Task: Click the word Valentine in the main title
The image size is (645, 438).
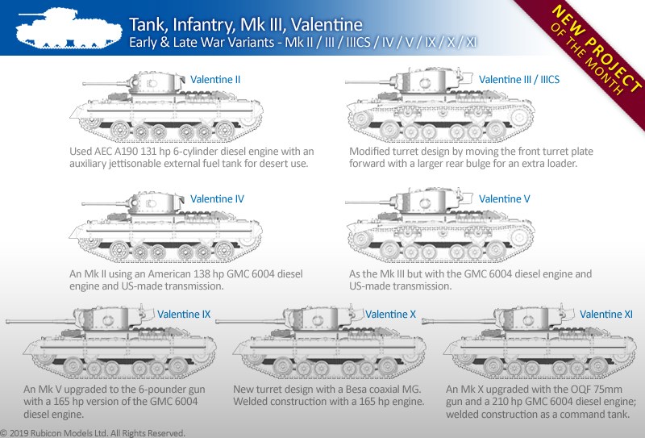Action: (327, 25)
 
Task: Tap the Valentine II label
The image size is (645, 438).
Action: (215, 79)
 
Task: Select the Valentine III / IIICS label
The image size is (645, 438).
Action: (519, 79)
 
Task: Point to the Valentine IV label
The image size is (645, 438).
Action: (217, 198)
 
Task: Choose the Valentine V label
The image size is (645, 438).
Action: (505, 198)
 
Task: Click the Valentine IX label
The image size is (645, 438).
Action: (184, 314)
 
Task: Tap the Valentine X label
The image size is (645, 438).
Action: (390, 314)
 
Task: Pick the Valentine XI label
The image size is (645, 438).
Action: (606, 314)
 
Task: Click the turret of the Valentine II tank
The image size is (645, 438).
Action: (156, 83)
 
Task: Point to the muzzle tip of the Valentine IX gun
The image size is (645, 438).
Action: (7, 321)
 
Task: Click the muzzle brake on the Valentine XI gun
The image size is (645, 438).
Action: (426, 321)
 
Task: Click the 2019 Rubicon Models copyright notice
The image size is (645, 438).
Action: (93, 433)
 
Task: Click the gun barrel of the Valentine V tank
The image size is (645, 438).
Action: (368, 202)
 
